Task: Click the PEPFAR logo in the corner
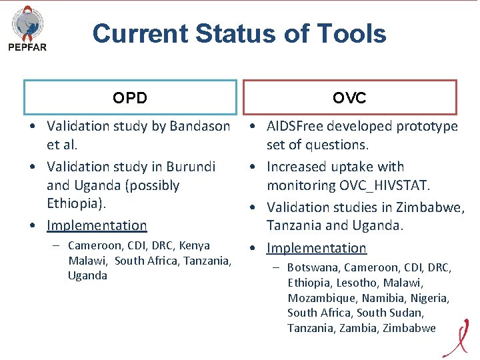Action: pos(27,29)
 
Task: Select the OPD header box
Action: pos(130,98)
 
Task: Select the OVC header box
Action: pos(349,98)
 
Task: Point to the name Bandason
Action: pos(200,126)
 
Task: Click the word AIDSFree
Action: pos(297,126)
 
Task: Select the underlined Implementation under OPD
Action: pos(97,226)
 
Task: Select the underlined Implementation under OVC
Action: pos(317,248)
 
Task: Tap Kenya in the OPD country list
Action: pos(194,245)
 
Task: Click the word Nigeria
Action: pos(429,298)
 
